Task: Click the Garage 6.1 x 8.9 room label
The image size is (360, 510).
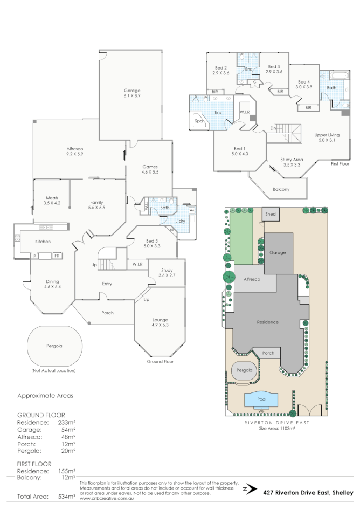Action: click(x=132, y=93)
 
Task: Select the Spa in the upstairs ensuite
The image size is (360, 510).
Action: click(x=199, y=122)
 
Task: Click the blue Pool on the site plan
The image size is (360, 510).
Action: click(x=262, y=399)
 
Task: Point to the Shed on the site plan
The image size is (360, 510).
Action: click(x=271, y=214)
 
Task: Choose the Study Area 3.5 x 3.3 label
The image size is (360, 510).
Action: click(x=291, y=162)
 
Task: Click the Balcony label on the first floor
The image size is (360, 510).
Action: click(x=281, y=189)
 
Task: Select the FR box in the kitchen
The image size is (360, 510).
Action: click(x=56, y=256)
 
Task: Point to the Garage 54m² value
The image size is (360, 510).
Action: click(x=67, y=430)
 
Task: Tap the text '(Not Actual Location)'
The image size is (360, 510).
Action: click(x=54, y=371)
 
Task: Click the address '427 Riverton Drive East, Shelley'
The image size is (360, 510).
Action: click(x=308, y=492)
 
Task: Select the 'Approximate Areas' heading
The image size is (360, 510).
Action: click(x=45, y=395)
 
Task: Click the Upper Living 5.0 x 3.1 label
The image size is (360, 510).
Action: click(x=327, y=138)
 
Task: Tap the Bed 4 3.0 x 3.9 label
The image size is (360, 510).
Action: click(x=304, y=84)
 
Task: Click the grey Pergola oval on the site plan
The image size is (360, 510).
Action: click(x=242, y=371)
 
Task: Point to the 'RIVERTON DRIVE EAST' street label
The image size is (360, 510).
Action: click(x=276, y=423)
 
